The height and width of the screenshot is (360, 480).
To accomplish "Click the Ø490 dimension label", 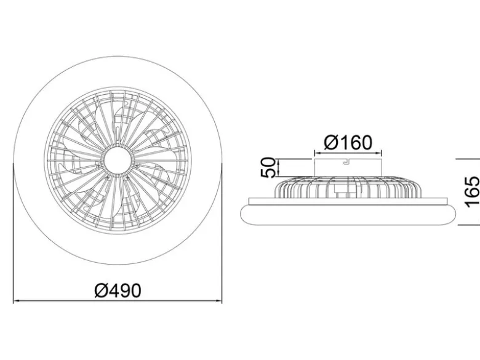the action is click(x=118, y=290).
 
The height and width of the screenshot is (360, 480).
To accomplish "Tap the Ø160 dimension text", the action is click(x=348, y=142).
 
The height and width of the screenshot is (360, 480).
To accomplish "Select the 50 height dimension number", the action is click(x=268, y=167).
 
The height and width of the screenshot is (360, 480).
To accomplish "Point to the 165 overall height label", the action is click(x=472, y=192).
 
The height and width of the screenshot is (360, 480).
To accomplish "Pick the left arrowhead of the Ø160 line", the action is click(x=318, y=153).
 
